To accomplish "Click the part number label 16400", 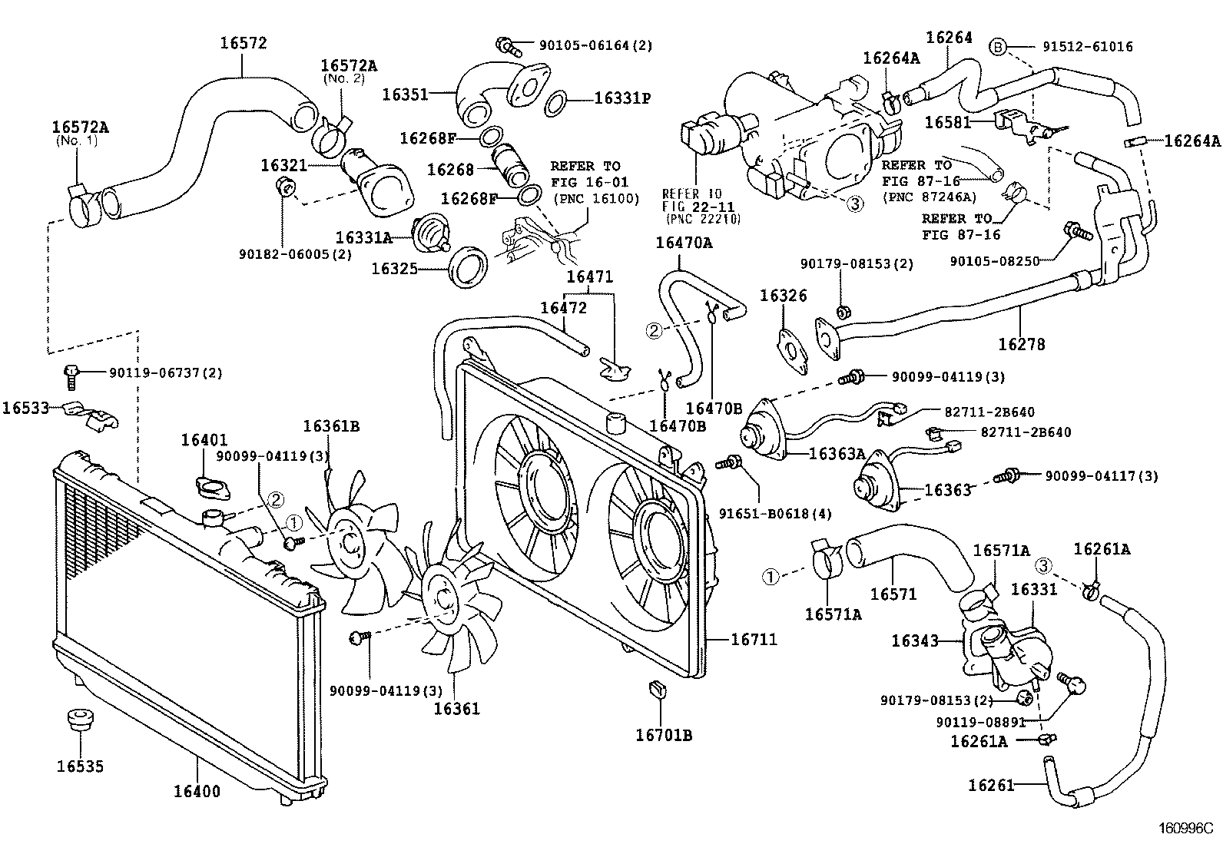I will pos(195,791).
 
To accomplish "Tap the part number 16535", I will pos(80,766).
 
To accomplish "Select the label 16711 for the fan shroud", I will pos(753,639).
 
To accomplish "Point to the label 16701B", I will pos(664,735).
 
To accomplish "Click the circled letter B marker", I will pos(997,46).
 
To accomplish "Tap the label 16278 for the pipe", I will pos(1021,345).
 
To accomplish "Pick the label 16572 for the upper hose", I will pos(244,43).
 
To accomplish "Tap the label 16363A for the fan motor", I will pos(837,454).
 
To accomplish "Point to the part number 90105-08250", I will pos(994,261).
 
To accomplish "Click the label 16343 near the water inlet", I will pos(915,640).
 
